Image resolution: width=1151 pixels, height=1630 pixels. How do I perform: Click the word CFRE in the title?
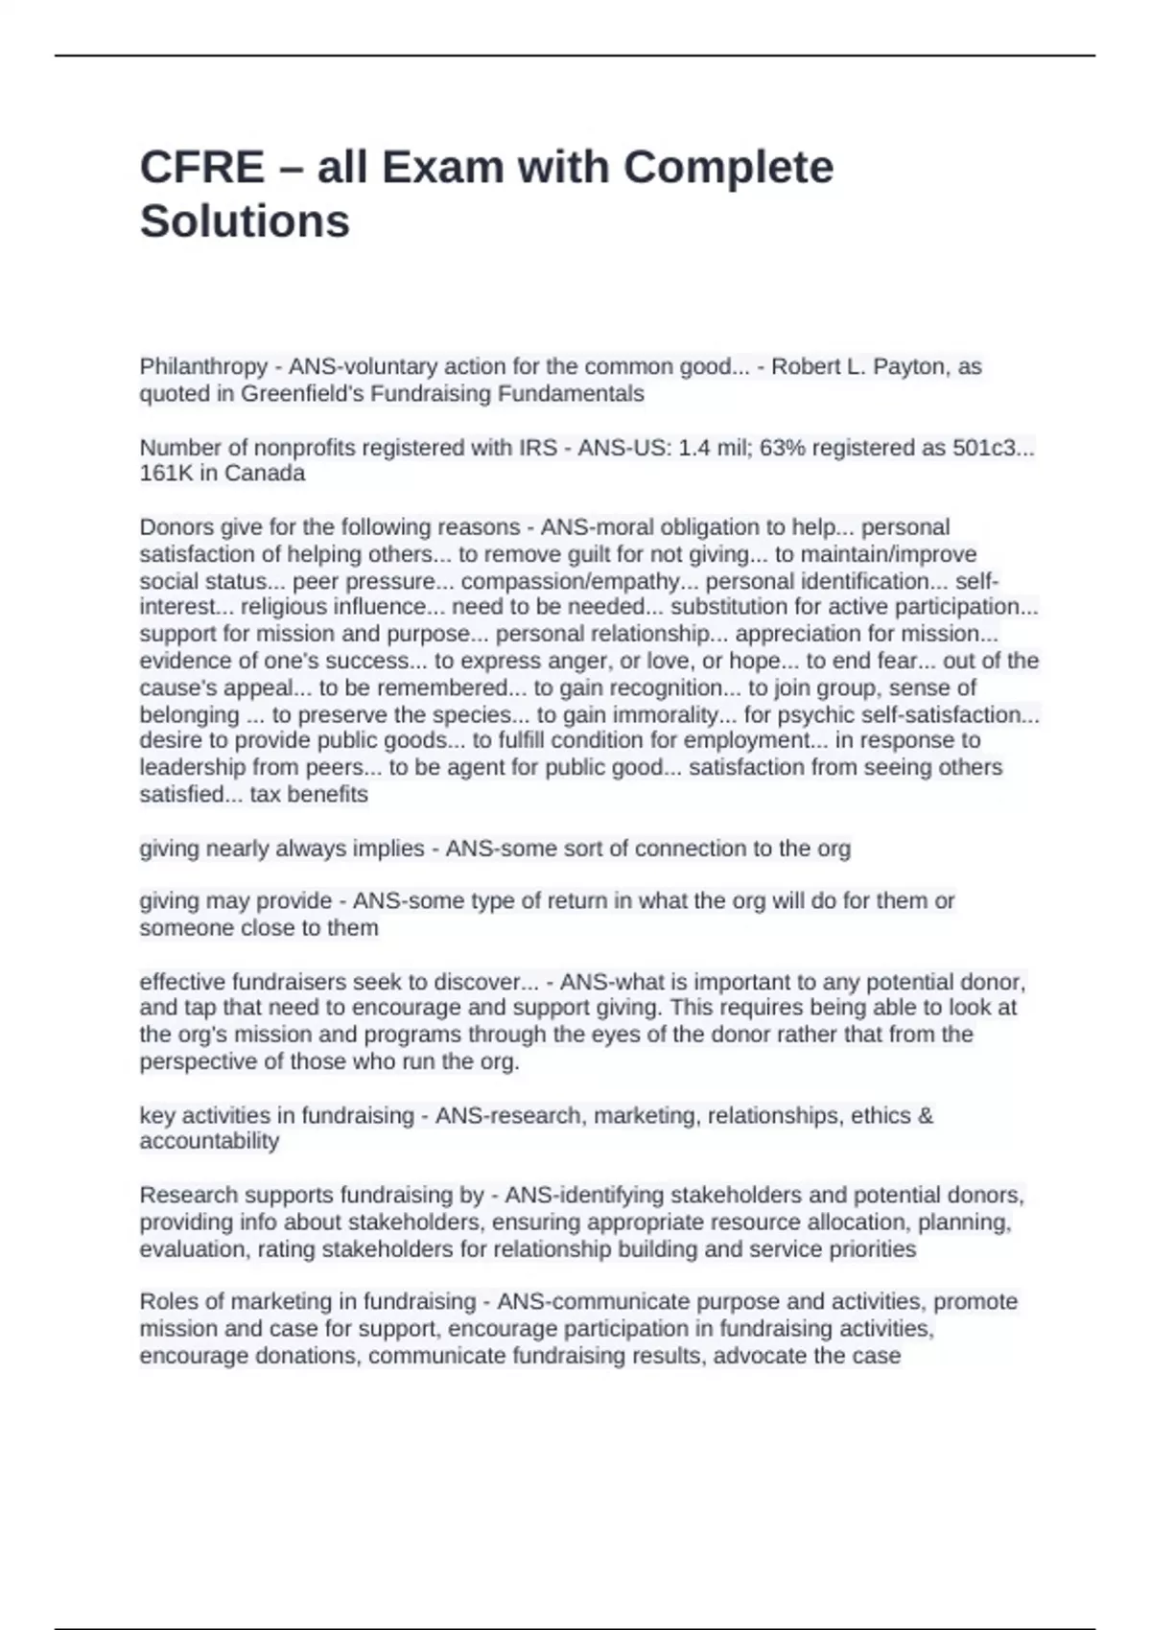pyautogui.click(x=201, y=168)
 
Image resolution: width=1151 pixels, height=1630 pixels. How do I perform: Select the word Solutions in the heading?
pyautogui.click(x=245, y=221)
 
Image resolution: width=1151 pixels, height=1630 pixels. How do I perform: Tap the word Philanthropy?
pyautogui.click(x=203, y=366)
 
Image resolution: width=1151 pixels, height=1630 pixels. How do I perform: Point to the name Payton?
pyautogui.click(x=909, y=366)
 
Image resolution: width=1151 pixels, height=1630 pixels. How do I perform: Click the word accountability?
pyautogui.click(x=209, y=1141)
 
